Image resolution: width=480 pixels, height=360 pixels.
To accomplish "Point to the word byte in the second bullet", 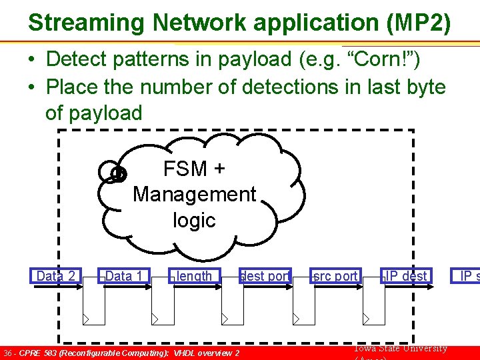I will [423, 87].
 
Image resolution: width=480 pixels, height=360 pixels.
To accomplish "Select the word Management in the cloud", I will [194, 194].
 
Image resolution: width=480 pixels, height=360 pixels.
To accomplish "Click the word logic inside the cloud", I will [194, 220].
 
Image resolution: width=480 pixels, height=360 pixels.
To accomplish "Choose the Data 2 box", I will [55, 276].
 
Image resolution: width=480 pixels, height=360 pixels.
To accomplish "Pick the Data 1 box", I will [124, 276].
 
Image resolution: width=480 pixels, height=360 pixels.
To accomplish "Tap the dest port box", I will [265, 276].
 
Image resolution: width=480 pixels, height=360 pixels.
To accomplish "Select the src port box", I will [335, 276].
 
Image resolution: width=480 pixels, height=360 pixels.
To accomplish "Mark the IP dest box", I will [406, 276].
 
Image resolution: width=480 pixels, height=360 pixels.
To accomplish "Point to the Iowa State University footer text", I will [400, 348].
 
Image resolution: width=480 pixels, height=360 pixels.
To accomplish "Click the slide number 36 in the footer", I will [8, 353].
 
